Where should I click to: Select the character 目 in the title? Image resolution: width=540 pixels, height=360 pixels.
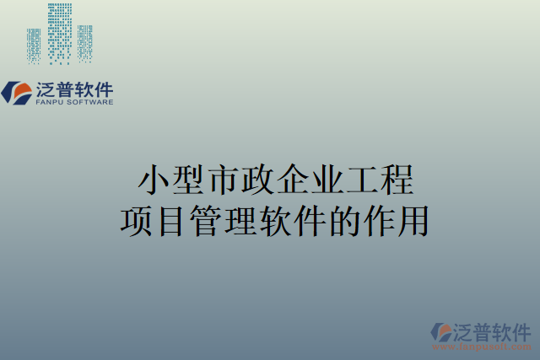coord(174,221)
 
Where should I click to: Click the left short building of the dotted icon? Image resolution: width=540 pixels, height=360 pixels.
coord(34,46)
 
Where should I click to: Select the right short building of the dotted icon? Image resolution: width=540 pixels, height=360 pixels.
coord(84,44)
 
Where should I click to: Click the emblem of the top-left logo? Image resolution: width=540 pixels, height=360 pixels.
coord(17,92)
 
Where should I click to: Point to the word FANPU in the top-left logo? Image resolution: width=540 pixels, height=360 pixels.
coord(51,102)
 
